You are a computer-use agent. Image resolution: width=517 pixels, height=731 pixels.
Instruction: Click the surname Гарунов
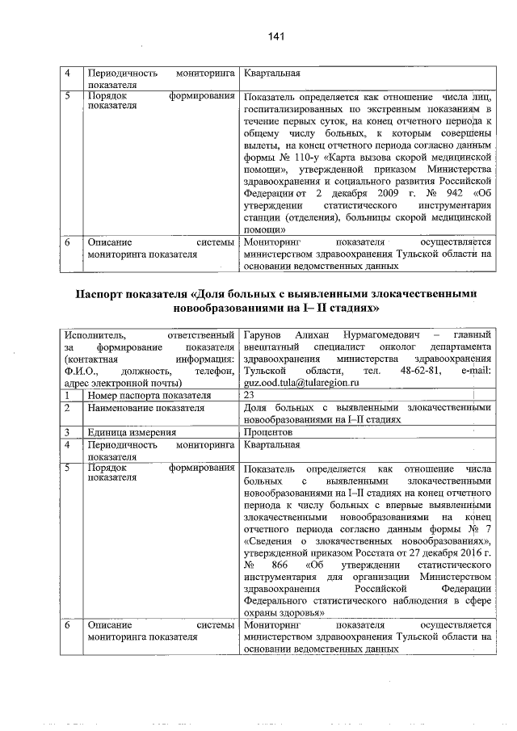tap(262, 334)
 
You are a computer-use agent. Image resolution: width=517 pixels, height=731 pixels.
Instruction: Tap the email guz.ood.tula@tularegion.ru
tap(289, 383)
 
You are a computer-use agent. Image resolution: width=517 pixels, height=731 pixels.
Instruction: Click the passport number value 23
tap(247, 396)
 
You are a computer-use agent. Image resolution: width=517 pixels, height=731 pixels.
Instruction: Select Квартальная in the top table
tap(271, 73)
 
